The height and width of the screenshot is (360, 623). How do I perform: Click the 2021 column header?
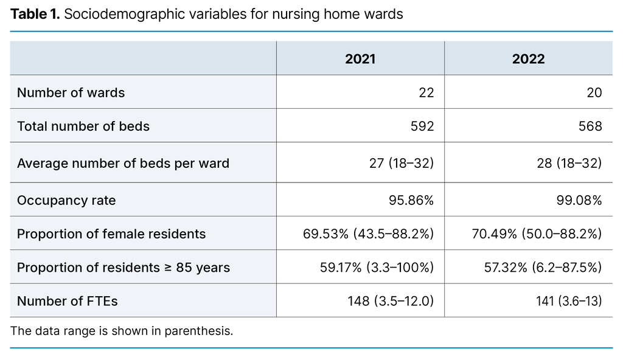pos(360,59)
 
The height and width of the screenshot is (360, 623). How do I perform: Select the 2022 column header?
pos(528,59)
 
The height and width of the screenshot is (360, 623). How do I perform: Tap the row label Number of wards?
pos(71,92)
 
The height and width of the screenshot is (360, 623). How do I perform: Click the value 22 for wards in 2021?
pos(426,92)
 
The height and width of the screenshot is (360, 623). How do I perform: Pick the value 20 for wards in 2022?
pos(594,92)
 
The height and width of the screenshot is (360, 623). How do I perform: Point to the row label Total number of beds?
pos(83,126)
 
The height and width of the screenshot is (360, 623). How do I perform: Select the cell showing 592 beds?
pos(422,126)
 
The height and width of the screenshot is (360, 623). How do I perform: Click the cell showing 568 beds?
pos(590,126)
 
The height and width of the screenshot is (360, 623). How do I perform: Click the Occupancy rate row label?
pos(66,200)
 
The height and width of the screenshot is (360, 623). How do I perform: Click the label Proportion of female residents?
pos(111,234)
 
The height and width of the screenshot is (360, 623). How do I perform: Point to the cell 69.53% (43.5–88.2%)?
pos(368,234)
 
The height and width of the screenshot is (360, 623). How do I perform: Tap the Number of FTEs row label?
pos(68,302)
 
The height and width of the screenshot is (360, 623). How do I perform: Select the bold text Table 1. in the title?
pos(35,13)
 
